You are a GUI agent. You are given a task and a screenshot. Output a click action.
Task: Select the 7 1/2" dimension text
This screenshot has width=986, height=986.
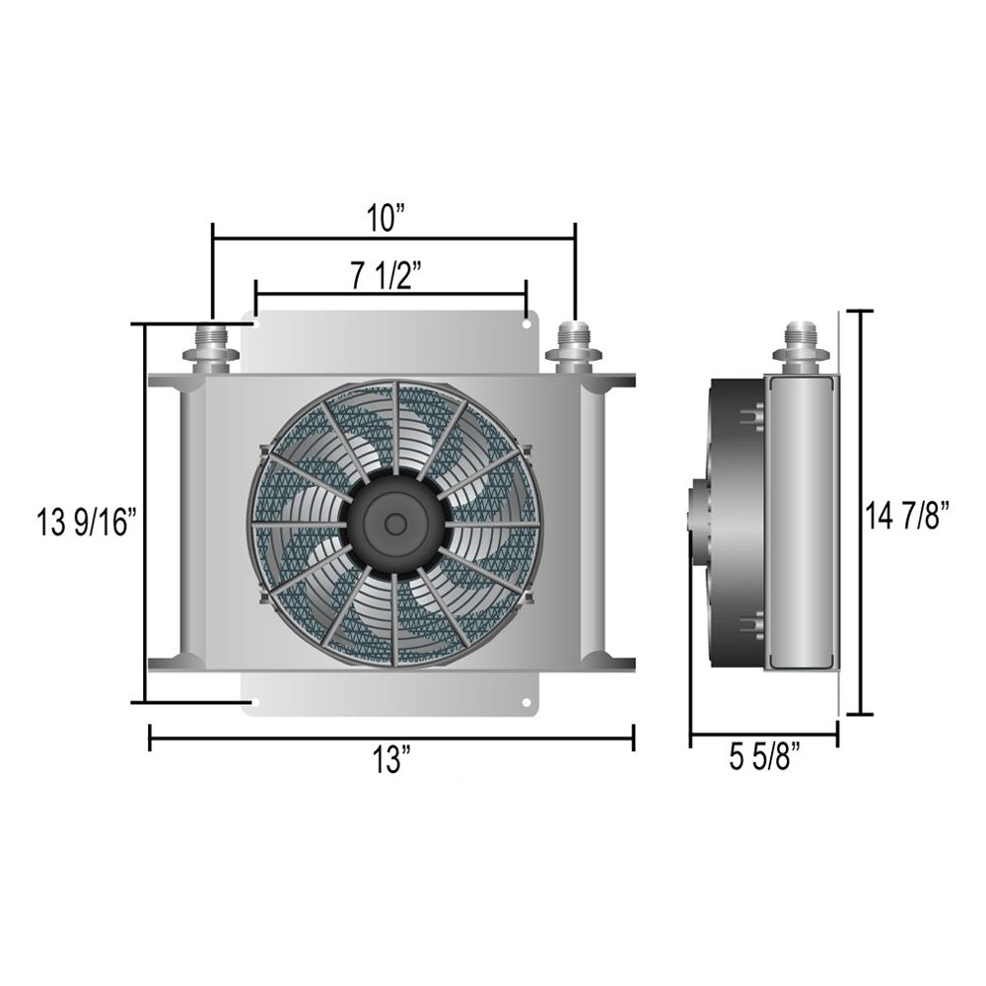[391, 276]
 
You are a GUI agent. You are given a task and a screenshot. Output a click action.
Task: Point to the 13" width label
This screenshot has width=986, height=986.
[392, 760]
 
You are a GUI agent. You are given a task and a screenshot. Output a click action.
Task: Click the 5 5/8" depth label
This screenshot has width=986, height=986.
[764, 760]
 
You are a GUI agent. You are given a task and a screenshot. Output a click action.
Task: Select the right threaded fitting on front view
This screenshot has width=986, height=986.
[573, 346]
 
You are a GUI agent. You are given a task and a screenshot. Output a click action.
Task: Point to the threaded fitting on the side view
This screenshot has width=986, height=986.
[802, 346]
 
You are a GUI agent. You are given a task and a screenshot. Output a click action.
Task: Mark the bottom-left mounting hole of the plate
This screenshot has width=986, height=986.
[255, 703]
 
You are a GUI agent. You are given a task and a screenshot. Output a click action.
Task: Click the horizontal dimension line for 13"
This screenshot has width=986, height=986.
[296, 736]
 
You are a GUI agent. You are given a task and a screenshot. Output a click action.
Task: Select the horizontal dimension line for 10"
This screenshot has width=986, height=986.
[296, 238]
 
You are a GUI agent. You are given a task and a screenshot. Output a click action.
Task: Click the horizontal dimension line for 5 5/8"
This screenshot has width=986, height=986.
[764, 735]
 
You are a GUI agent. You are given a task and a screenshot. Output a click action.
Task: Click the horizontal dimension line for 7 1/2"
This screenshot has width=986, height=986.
[316, 293]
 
